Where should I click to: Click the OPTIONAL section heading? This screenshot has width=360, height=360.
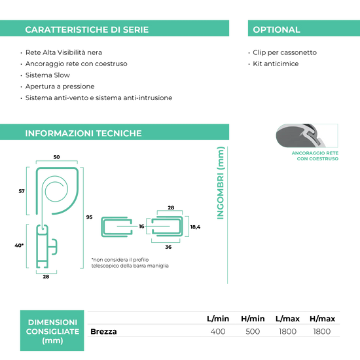[276, 29]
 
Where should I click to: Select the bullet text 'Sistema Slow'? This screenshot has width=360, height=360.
[48, 75]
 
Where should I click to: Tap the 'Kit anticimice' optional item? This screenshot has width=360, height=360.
[276, 63]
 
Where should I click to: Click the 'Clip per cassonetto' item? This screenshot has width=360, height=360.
[285, 52]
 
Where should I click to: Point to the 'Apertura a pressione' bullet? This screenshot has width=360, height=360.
[60, 86]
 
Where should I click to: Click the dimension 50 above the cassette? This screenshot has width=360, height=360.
[56, 157]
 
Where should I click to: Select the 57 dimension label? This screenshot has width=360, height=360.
[22, 191]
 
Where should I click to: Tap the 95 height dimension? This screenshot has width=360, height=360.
[89, 217]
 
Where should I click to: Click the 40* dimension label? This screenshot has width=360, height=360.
[19, 245]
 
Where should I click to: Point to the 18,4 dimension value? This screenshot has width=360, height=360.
[195, 227]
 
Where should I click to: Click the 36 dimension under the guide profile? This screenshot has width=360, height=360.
[168, 247]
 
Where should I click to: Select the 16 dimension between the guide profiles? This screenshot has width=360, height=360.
[141, 226]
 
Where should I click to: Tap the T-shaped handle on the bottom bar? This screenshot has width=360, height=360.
[53, 247]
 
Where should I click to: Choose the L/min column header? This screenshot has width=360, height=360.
[218, 319]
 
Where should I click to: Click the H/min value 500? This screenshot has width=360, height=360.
[253, 332]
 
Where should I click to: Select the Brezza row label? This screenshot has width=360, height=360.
[103, 332]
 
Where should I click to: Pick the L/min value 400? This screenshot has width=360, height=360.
[218, 332]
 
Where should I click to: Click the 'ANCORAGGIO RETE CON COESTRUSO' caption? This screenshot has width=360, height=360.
[315, 156]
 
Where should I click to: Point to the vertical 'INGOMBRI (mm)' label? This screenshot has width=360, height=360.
[221, 183]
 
